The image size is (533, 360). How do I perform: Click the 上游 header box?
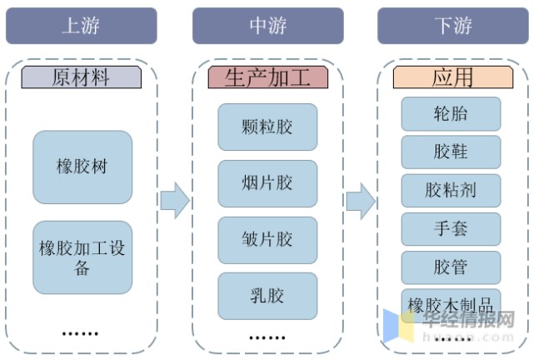point(82,25)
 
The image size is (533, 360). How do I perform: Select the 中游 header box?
point(267,25)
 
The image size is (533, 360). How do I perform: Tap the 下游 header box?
point(453,25)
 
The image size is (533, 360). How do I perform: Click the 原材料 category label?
point(82,77)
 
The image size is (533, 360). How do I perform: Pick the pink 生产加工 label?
point(267,77)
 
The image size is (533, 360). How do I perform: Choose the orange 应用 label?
point(452,77)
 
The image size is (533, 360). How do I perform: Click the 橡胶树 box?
point(82,167)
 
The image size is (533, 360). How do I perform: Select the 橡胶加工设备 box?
point(82,257)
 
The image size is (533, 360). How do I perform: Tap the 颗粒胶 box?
point(267,127)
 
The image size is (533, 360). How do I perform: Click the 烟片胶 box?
point(267,183)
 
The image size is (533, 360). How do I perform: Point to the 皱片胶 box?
point(267,240)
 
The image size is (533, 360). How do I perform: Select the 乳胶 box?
point(267,296)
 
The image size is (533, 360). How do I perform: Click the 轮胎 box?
point(451,114)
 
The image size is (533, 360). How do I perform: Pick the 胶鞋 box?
point(451,152)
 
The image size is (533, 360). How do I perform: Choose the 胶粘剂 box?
point(451,191)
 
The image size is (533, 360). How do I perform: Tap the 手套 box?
point(451,229)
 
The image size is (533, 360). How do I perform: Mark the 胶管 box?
point(451,267)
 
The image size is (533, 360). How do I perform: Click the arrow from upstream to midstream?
point(174,200)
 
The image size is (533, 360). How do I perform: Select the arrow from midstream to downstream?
point(360,200)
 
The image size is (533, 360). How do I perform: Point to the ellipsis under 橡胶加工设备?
point(81,332)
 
